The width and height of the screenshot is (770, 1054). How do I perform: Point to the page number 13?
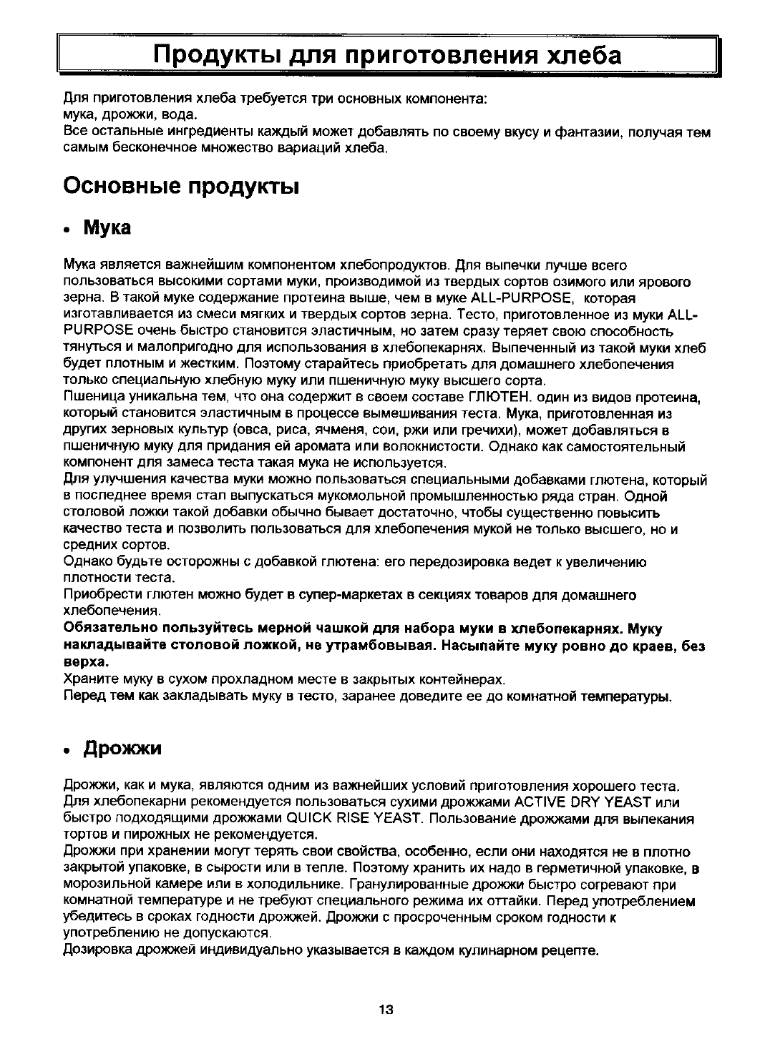[x=386, y=1009]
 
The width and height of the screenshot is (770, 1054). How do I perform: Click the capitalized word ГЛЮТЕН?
[x=498, y=397]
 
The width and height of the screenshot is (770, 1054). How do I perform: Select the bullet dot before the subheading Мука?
[x=67, y=231]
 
